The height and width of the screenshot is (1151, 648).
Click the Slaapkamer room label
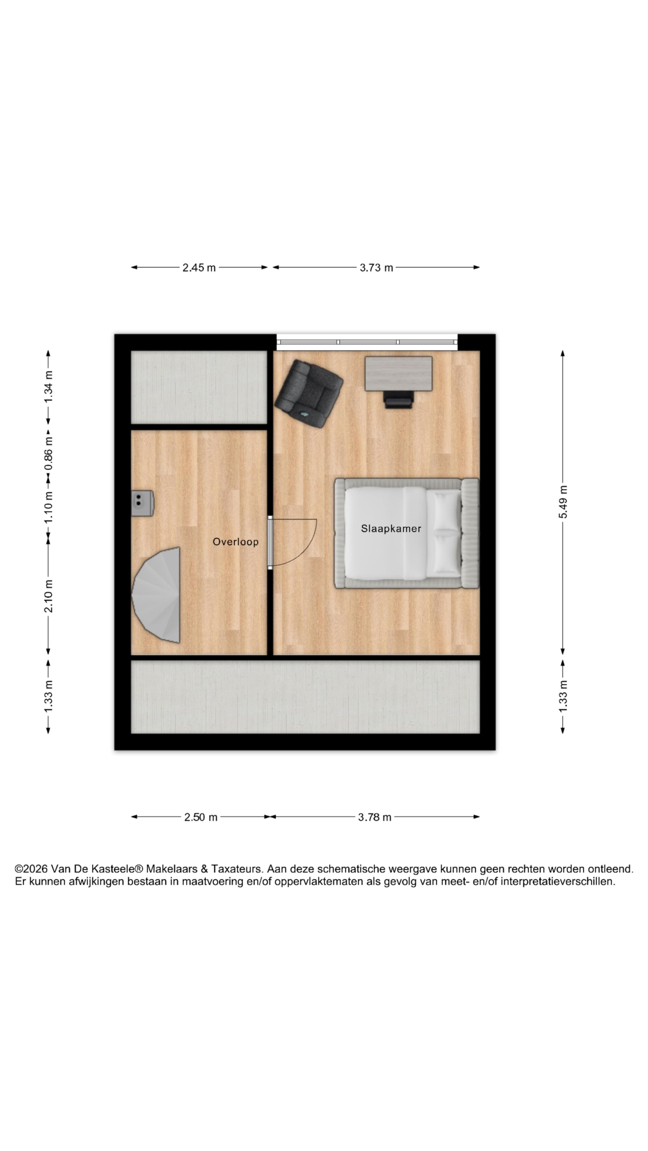(x=391, y=528)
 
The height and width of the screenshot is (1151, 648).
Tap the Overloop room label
(x=235, y=542)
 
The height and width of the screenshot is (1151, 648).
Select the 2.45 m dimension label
(x=199, y=268)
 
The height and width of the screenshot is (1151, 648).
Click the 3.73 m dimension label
(x=376, y=268)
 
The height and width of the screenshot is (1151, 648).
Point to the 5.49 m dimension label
(x=563, y=502)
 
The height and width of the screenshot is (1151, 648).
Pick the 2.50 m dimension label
(x=201, y=817)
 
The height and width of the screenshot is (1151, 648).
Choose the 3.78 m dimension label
(x=374, y=817)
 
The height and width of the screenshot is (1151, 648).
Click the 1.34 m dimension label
(x=49, y=387)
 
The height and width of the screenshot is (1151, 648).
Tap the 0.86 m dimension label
(x=49, y=453)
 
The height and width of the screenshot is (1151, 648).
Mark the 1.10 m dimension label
(x=49, y=507)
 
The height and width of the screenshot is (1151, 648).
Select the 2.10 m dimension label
(x=49, y=596)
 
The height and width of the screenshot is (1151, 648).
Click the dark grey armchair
(x=309, y=393)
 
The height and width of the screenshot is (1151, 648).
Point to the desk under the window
(x=398, y=374)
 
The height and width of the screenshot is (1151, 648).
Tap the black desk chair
(x=398, y=400)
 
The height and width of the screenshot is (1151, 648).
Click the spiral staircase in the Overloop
(x=157, y=595)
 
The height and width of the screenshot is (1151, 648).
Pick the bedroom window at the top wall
(x=367, y=342)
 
